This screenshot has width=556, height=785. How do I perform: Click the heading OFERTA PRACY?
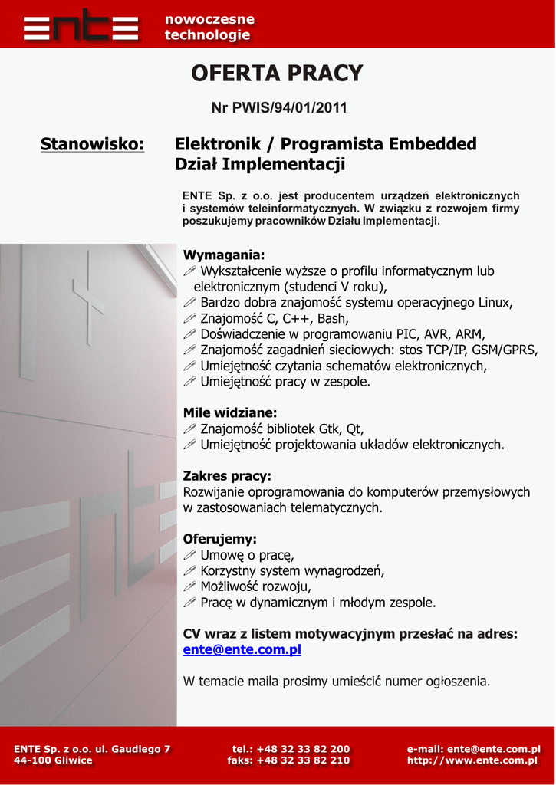pos(277,74)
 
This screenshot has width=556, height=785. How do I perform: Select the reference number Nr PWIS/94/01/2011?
pos(279,108)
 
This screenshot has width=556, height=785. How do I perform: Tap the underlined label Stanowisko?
pos(92,144)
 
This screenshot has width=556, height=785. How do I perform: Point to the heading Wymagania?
pos(224,255)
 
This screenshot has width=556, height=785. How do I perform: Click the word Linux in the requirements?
pos(495,302)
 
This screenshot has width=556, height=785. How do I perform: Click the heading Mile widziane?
pos(230,412)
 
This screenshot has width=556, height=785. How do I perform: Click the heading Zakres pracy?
pos(227,476)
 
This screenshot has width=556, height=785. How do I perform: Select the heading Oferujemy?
pos(220,539)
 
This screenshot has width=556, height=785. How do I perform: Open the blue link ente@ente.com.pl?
pos(242,649)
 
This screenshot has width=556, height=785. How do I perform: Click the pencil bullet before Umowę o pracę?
pos(190,555)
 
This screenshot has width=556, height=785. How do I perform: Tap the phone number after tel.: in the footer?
pos(303,749)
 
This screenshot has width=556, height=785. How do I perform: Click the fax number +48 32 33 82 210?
pos(303,760)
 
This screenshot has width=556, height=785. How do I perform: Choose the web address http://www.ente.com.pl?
pos(473,760)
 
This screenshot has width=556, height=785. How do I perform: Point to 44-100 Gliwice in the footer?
pos(53,760)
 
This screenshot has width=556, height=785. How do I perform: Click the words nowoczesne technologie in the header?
pos(209,27)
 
